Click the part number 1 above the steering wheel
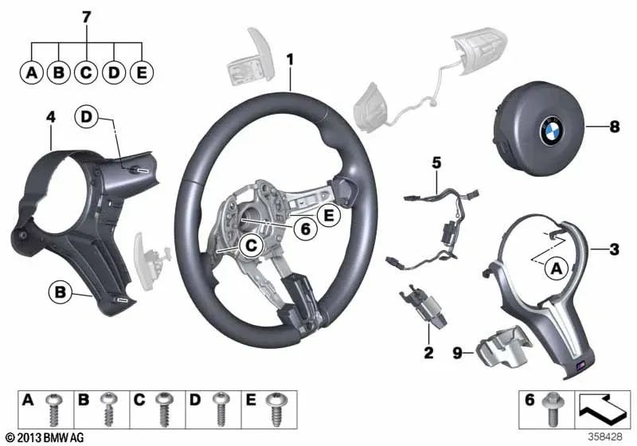tap(290, 60)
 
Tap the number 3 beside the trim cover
tap(613, 250)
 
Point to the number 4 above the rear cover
tap(50, 118)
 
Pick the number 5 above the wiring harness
tap(436, 163)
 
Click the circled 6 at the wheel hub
tap(304, 229)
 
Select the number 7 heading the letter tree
tap(86, 16)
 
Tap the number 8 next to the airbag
tap(613, 125)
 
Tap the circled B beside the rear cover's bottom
tap(60, 292)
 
